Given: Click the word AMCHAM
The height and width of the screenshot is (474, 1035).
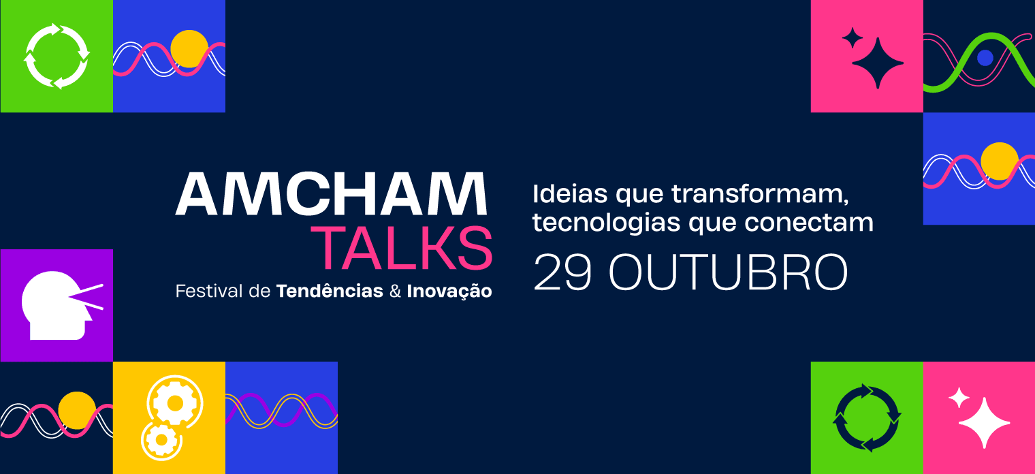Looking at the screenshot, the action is [332, 193].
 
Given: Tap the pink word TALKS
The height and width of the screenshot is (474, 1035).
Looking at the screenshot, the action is [402, 248].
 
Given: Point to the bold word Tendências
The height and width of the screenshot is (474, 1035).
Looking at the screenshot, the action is [330, 291].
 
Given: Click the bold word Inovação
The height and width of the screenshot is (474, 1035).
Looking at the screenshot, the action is [449, 291].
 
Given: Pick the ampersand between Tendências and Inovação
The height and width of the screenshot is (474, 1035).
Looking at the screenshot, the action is [395, 291].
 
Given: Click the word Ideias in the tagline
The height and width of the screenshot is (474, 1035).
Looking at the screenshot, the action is [570, 193].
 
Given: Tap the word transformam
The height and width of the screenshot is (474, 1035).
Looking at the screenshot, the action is [760, 194].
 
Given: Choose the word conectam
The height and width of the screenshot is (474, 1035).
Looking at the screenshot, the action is [809, 223].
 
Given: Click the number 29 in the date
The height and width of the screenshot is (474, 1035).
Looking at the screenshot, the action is [562, 272].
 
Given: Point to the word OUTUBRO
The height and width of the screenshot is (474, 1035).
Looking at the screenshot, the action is [728, 272].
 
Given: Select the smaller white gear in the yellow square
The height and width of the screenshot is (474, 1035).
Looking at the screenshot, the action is [161, 440].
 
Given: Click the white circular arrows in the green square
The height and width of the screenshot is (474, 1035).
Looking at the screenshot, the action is [57, 56].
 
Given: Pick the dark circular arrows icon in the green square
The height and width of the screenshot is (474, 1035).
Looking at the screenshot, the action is [867, 418].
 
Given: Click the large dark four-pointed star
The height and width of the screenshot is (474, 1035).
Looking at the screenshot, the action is [878, 63].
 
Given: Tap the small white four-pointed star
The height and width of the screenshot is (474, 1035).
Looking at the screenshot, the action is [959, 397].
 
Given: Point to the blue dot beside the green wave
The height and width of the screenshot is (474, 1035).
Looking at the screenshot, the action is [985, 58].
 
